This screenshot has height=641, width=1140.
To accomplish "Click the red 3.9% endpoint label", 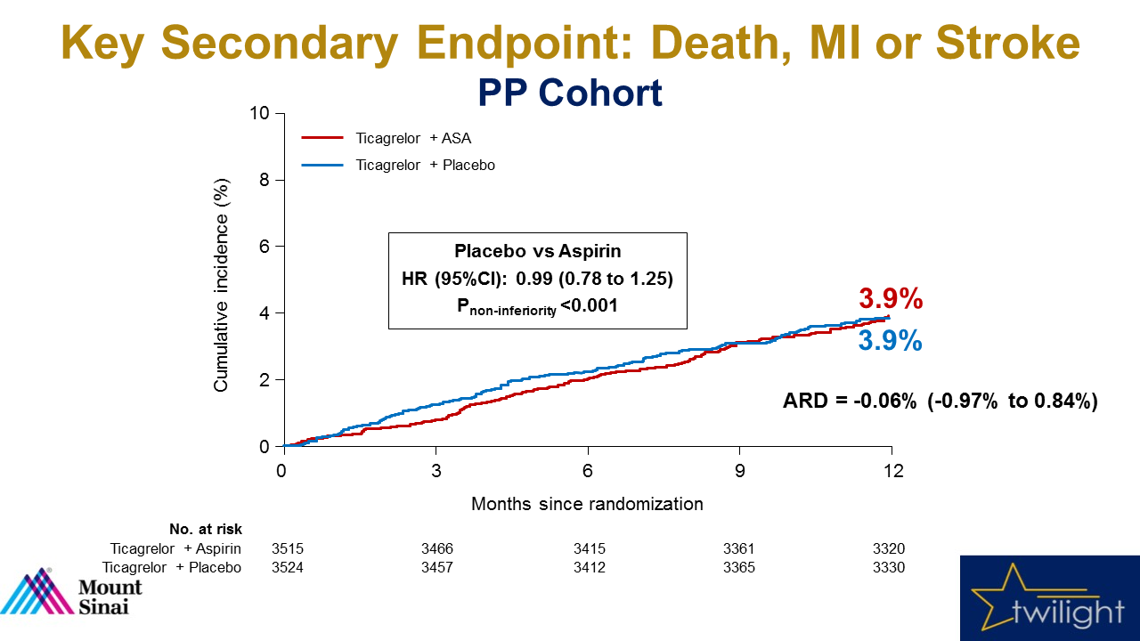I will coord(890,299).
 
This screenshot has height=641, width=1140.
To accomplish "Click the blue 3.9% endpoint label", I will coord(890,341).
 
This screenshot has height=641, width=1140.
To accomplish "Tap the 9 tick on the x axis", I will coord(739,471).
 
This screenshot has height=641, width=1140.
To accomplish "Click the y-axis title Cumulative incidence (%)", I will coord(222,285).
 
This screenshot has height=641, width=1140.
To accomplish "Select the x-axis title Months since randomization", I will coord(587,504).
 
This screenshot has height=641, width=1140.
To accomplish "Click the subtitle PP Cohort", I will coord(570,93).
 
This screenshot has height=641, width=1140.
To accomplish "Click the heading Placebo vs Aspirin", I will coord(537,251).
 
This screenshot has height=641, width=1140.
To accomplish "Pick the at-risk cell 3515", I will coord(288,549).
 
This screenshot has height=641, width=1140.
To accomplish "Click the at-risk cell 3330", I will coord(889,567).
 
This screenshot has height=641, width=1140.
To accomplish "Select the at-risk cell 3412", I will coord(589,567).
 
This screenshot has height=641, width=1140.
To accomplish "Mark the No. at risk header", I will coord(206,530).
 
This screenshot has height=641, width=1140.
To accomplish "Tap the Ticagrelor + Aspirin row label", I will coord(175,549).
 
